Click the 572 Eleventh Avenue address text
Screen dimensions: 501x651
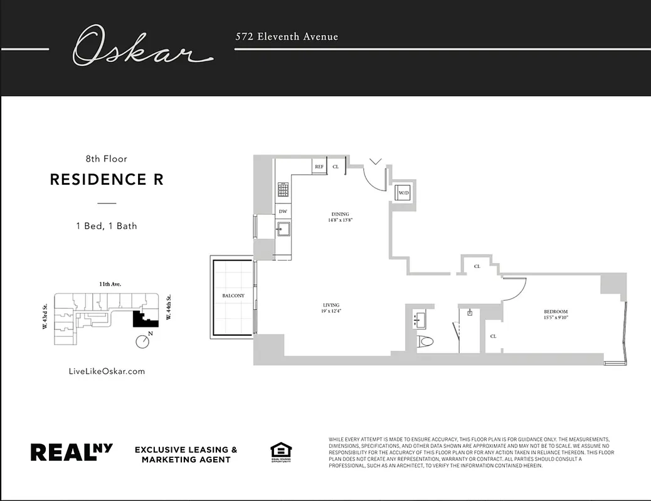point(287,36)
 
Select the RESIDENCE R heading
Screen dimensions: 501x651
point(107,179)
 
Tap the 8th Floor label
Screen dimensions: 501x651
point(107,159)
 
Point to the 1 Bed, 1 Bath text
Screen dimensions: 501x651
point(107,225)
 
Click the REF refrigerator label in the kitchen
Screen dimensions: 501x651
point(319,167)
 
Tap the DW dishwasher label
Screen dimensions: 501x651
point(283,211)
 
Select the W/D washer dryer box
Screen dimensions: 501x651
point(403,193)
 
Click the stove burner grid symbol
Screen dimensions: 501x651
point(283,189)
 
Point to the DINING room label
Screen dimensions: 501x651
point(341,214)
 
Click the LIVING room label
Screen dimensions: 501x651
point(331,305)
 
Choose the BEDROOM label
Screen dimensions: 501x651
point(556,312)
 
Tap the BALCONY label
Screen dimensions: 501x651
point(233,296)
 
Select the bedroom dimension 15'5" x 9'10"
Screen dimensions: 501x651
point(556,318)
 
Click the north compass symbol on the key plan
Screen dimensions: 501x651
point(144,341)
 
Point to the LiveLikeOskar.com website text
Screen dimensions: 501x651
point(107,371)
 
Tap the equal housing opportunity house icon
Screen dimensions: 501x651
point(280,451)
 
